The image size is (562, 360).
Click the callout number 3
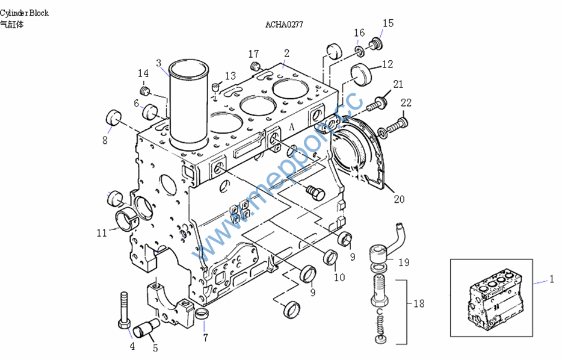click(x=159, y=63)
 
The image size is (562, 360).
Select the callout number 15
click(x=388, y=23)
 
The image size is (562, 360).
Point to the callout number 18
click(x=419, y=303)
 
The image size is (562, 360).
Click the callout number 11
click(x=101, y=232)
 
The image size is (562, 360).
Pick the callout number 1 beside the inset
click(x=551, y=279)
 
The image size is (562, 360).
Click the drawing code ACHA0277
click(x=284, y=25)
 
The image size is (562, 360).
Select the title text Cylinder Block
click(x=25, y=13)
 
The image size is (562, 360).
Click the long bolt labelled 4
click(x=125, y=309)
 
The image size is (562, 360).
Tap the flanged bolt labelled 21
click(x=375, y=104)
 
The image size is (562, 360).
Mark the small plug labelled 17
click(x=255, y=65)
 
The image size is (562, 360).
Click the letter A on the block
click(x=292, y=127)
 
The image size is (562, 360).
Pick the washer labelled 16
click(x=357, y=49)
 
